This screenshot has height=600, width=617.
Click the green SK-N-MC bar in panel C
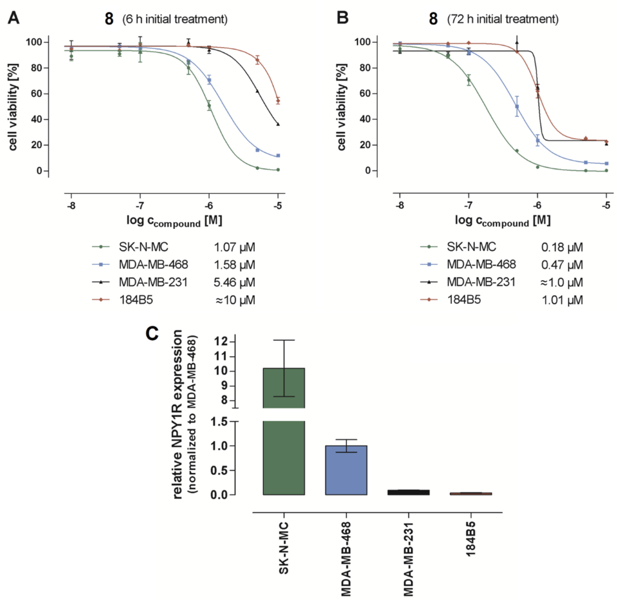tap(284, 431)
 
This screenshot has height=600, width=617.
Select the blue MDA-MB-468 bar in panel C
tap(346, 470)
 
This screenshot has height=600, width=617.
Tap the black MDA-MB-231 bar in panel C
tap(408, 492)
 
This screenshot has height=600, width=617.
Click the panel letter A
tap(13, 18)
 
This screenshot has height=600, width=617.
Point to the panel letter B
tap(342, 18)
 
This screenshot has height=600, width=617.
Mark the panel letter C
tap(156, 335)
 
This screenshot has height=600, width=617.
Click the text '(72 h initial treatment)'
tap(503, 19)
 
